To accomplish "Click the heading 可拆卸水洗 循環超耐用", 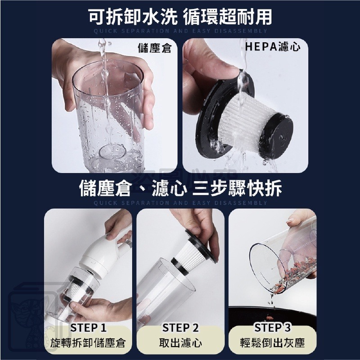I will click(180, 17).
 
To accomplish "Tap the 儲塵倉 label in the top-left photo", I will click(154, 48).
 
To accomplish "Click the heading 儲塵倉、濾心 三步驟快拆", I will click(180, 188).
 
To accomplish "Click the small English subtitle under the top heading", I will click(180, 31).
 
